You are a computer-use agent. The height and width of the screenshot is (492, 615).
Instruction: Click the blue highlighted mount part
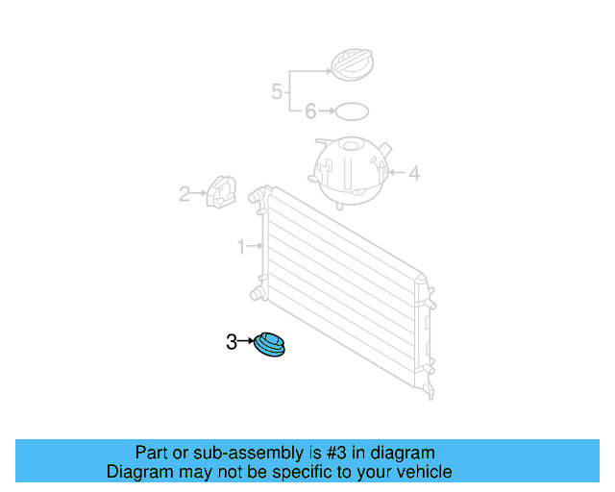(269, 344)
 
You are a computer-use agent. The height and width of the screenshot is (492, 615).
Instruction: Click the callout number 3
(232, 342)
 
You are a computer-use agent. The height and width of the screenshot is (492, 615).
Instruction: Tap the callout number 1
(241, 247)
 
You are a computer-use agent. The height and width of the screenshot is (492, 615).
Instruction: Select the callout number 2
(184, 194)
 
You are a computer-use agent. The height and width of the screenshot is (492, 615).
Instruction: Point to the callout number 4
(414, 173)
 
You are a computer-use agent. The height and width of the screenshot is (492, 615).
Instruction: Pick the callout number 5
(277, 92)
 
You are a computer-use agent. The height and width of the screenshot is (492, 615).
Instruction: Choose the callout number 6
(310, 111)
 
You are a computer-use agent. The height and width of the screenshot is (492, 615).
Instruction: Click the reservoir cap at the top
(353, 64)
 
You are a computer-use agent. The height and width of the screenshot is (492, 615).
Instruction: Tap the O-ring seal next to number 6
(353, 111)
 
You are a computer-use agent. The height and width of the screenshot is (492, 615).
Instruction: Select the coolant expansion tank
(350, 171)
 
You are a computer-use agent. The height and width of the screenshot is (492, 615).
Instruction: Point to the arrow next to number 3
(246, 341)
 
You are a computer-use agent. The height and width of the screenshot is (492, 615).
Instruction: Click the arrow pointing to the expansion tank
(397, 172)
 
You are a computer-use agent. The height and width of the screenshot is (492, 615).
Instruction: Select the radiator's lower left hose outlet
(258, 294)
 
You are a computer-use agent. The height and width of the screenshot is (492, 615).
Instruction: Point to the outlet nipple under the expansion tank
(339, 206)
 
